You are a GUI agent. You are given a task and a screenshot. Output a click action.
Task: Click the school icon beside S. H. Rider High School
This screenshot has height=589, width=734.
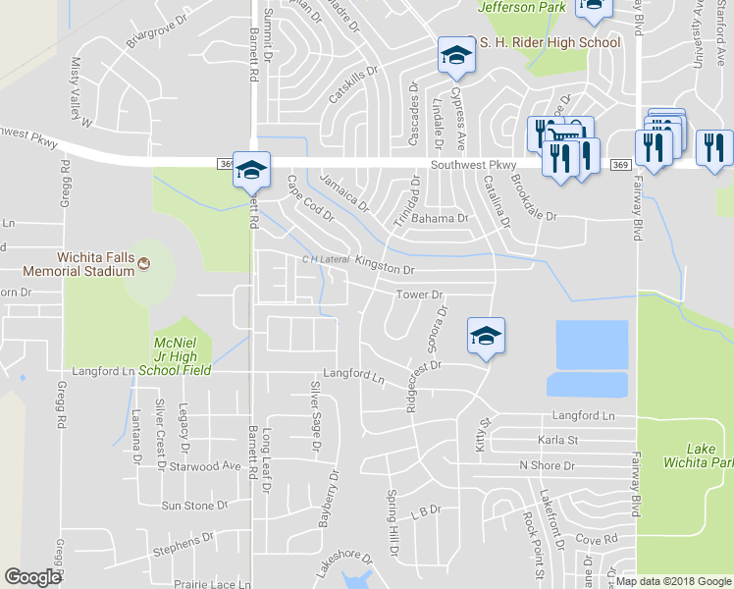click(x=455, y=56)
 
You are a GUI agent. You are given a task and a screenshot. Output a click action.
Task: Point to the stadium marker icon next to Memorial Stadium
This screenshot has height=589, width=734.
click(x=144, y=263)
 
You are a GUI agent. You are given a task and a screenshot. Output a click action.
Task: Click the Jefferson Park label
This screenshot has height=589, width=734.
click(x=522, y=8)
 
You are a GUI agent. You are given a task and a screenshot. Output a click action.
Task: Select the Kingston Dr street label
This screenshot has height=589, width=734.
click(x=385, y=265)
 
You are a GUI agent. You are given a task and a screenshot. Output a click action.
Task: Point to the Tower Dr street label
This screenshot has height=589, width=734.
click(x=420, y=294)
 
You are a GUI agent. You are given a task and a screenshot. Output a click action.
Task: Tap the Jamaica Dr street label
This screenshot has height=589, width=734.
click(x=344, y=192)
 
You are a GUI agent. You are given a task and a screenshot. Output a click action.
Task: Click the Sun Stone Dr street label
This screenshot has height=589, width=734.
click(x=193, y=506)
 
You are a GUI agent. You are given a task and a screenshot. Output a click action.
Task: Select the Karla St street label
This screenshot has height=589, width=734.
click(x=557, y=441)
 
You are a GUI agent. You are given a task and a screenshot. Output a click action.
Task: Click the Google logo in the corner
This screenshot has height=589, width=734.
click(x=32, y=577)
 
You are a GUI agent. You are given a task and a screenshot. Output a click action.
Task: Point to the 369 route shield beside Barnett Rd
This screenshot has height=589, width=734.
click(x=225, y=166)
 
